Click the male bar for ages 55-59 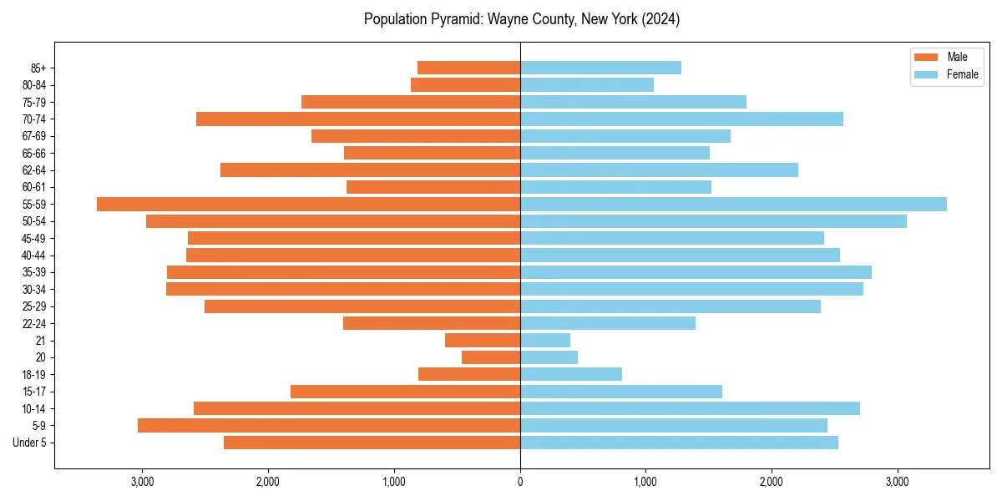pyautogui.click(x=308, y=205)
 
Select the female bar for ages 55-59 pyautogui.click(x=733, y=205)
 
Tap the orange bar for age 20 pyautogui.click(x=491, y=357)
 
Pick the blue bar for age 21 pyautogui.click(x=545, y=341)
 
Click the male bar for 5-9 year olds pyautogui.click(x=329, y=426)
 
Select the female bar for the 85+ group pyautogui.click(x=600, y=68)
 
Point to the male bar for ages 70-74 pyautogui.click(x=358, y=119)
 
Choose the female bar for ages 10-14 pyautogui.click(x=690, y=408)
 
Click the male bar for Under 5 pyautogui.click(x=372, y=443)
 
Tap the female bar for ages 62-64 pyautogui.click(x=659, y=170)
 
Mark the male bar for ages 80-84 pyautogui.click(x=465, y=85)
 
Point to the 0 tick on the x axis pyautogui.click(x=520, y=482)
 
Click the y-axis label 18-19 pyautogui.click(x=33, y=375)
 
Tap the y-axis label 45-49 pyautogui.click(x=33, y=239)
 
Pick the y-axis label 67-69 pyautogui.click(x=33, y=136)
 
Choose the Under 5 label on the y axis pyautogui.click(x=30, y=443)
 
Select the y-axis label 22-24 pyautogui.click(x=33, y=324)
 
